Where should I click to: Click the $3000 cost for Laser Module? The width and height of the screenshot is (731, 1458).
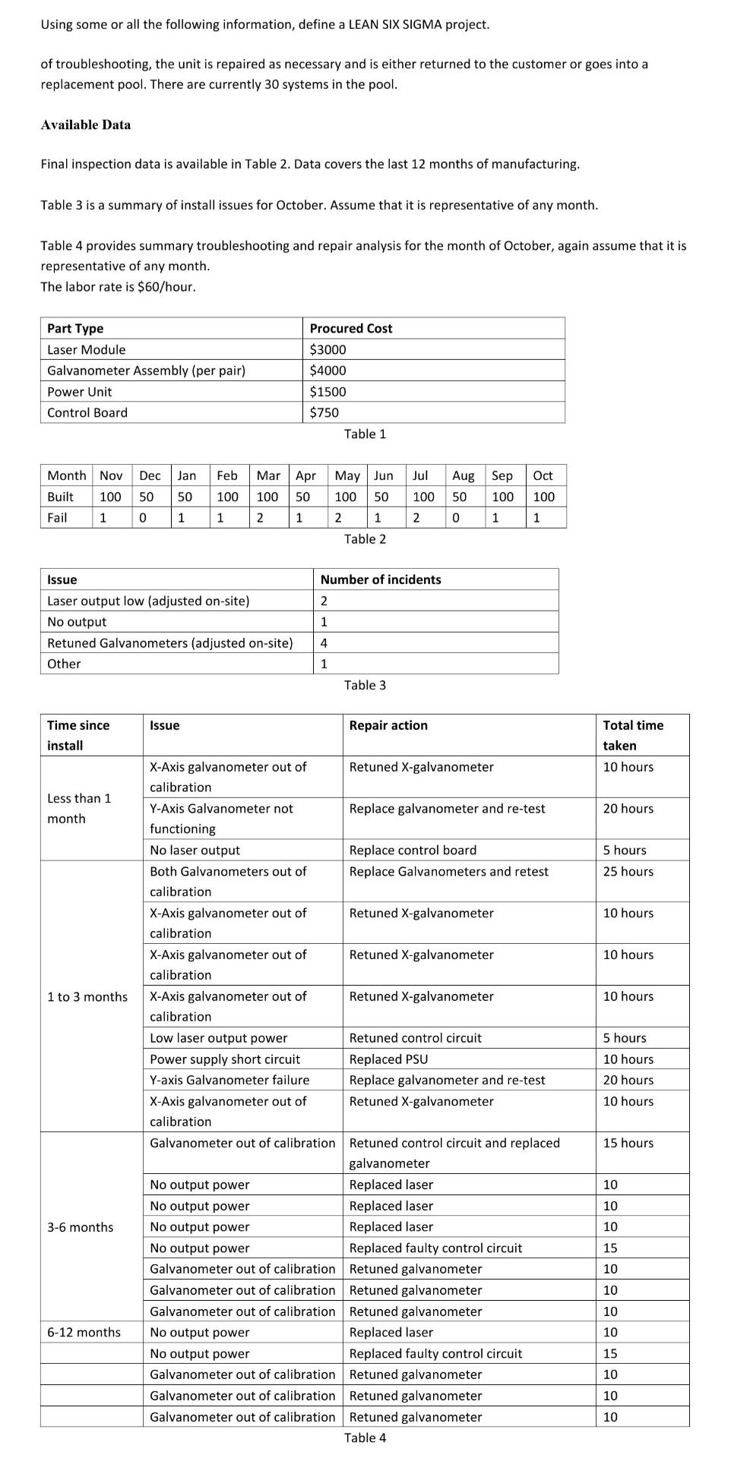click(x=328, y=349)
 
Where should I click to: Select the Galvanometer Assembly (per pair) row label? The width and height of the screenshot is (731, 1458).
click(x=146, y=371)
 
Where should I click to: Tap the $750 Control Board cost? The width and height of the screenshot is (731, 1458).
click(x=324, y=412)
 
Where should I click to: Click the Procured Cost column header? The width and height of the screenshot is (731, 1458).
click(x=351, y=328)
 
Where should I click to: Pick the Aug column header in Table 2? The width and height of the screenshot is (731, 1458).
click(x=463, y=475)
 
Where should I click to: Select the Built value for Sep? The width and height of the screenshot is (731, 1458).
click(x=502, y=497)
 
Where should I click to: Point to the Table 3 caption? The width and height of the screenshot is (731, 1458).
click(x=365, y=685)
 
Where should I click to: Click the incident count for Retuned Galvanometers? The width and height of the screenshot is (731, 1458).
click(x=324, y=643)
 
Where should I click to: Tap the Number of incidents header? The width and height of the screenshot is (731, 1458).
click(x=381, y=579)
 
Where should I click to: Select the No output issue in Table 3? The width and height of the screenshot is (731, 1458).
click(x=77, y=622)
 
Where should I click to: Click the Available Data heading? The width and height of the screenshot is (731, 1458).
click(x=86, y=125)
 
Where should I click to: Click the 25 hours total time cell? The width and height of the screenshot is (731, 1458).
click(x=628, y=872)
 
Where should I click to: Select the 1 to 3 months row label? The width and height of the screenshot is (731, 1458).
click(x=87, y=996)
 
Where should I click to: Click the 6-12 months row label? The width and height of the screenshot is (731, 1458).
click(x=84, y=1332)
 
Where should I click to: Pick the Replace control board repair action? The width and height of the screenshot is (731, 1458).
click(x=413, y=850)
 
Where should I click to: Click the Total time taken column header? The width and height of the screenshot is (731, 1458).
click(x=633, y=735)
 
